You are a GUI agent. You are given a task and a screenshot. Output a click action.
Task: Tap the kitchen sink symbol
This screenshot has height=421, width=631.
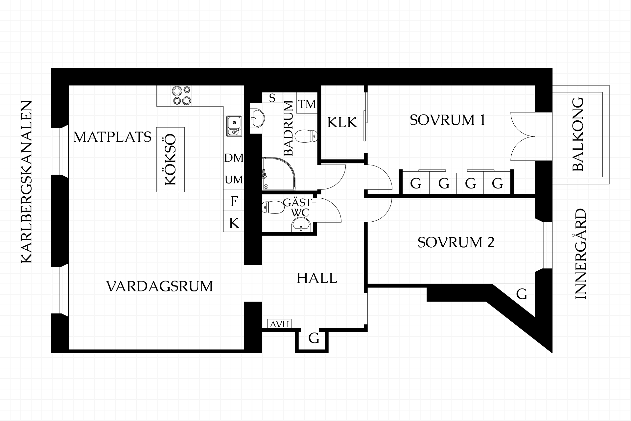click(234, 126)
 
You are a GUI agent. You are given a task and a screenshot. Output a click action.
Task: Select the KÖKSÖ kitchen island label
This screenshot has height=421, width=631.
click(170, 160)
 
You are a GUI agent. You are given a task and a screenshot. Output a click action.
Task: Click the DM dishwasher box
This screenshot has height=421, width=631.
click(234, 158)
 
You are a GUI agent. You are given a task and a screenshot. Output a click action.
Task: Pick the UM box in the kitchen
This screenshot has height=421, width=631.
click(234, 180)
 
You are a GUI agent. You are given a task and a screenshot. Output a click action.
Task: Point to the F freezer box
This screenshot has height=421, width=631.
click(234, 201)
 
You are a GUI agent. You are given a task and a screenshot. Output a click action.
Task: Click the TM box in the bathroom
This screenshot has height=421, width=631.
click(307, 105)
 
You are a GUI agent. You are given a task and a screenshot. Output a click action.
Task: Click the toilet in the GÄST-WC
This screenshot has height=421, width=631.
click(273, 207)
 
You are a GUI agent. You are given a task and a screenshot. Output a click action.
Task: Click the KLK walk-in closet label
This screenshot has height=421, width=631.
click(342, 123)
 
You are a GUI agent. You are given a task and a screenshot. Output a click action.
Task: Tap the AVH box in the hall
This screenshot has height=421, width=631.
click(280, 324)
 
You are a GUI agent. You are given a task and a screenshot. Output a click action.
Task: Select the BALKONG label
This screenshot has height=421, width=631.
click(578, 134)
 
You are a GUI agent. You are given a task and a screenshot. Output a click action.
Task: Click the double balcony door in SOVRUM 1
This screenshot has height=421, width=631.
click(523, 136)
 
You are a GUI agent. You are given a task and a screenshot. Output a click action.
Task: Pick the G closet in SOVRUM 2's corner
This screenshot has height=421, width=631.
click(522, 294)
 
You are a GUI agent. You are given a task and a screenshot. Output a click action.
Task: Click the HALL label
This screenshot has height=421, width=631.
click(317, 278)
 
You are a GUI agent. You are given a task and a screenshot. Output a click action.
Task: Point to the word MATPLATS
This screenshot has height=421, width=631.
click(112, 137)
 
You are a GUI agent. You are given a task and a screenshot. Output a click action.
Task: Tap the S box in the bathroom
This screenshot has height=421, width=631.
click(272, 98)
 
